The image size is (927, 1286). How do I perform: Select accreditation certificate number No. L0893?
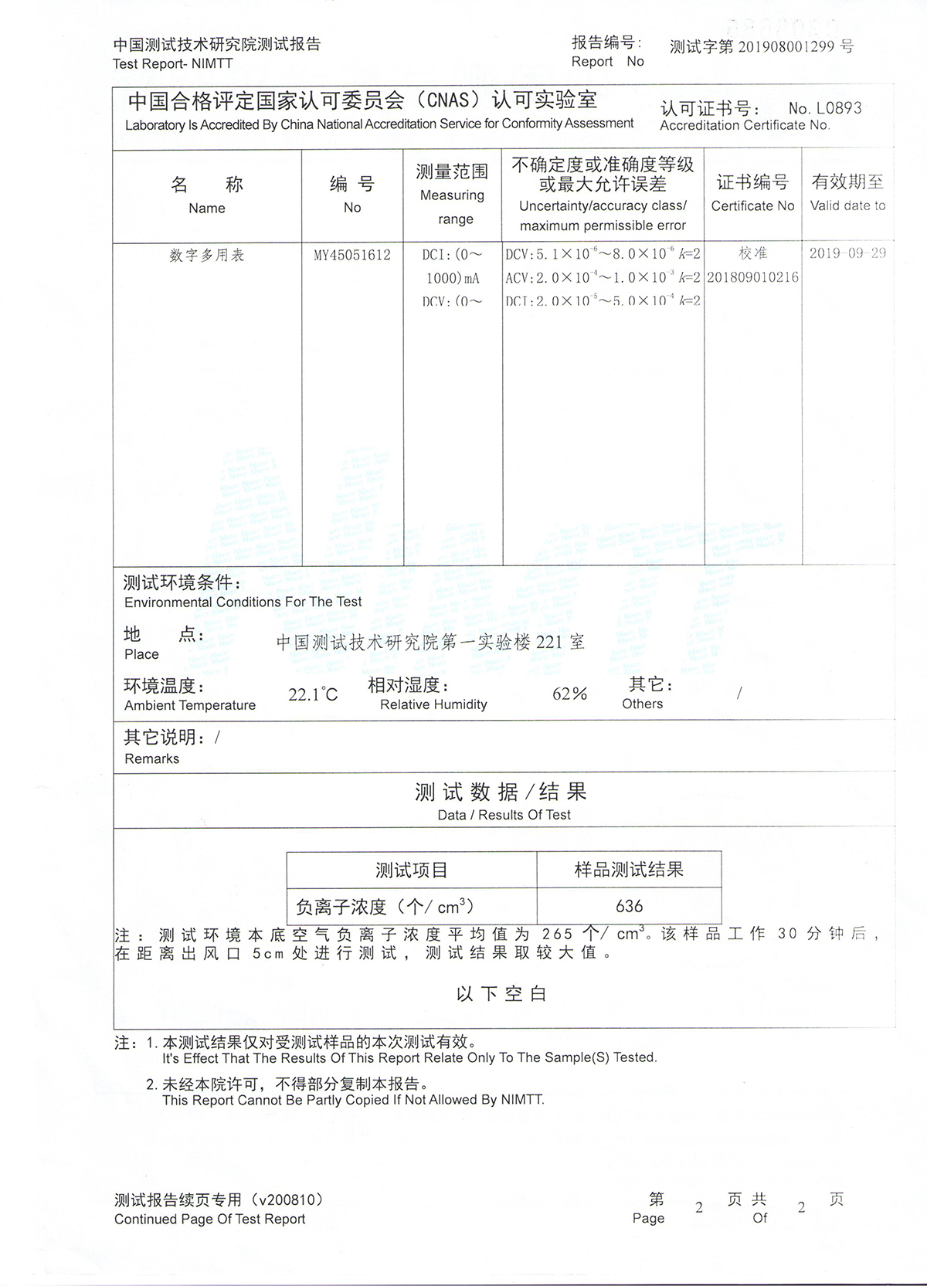pyautogui.click(x=824, y=108)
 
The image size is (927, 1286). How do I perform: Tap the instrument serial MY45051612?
pyautogui.click(x=352, y=255)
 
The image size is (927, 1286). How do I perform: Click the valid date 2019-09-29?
pyautogui.click(x=847, y=253)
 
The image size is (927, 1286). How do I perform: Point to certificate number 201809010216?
pyautogui.click(x=752, y=277)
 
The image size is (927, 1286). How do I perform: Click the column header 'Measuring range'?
pyautogui.click(x=453, y=195)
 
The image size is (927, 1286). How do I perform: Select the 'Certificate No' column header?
pyautogui.click(x=752, y=205)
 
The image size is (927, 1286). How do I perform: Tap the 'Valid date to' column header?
pyautogui.click(x=847, y=205)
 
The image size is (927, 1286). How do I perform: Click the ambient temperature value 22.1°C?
pyautogui.click(x=313, y=694)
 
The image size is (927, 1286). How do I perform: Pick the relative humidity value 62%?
pyautogui.click(x=569, y=694)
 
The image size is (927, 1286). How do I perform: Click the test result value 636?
pyautogui.click(x=629, y=906)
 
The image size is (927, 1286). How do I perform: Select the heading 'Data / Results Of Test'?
pyautogui.click(x=504, y=815)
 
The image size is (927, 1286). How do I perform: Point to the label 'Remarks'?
pyautogui.click(x=151, y=758)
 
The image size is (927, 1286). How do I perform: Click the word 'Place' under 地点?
pyautogui.click(x=141, y=654)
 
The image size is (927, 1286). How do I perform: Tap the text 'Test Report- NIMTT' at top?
pyautogui.click(x=172, y=64)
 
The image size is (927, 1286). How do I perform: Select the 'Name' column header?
pyautogui.click(x=206, y=208)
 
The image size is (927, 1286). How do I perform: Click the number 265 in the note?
pyautogui.click(x=557, y=934)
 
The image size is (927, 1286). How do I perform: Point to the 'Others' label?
pyautogui.click(x=642, y=704)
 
